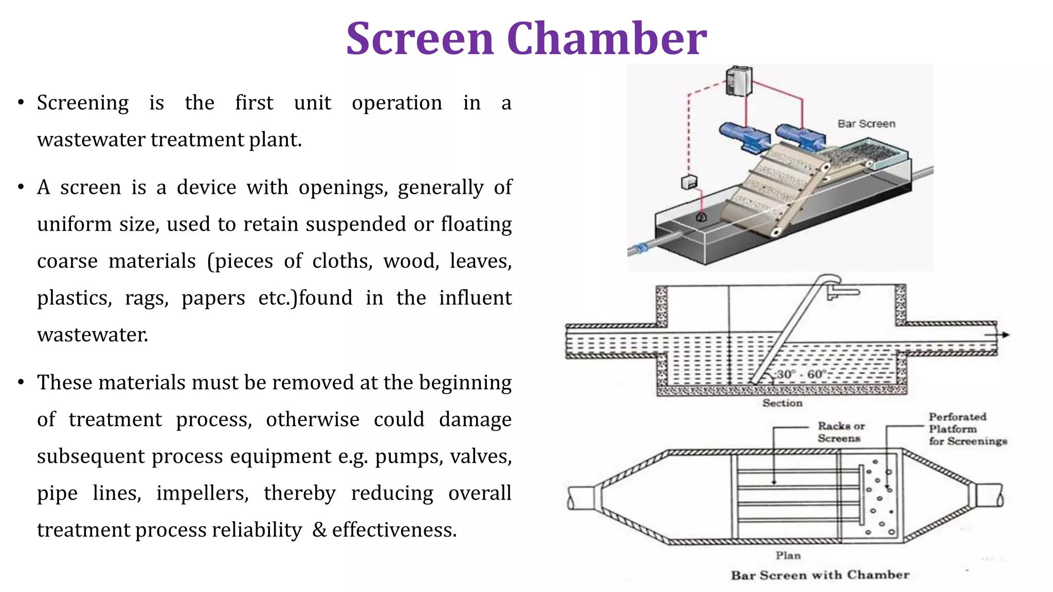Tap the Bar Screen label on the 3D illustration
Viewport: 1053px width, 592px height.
click(x=866, y=124)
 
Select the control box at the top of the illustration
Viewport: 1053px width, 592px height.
click(x=739, y=81)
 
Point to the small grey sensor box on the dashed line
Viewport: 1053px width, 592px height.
click(x=689, y=182)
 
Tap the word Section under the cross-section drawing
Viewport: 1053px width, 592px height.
click(x=782, y=403)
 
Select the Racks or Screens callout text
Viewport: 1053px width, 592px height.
click(x=841, y=432)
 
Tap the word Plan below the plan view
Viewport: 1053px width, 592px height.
click(x=788, y=556)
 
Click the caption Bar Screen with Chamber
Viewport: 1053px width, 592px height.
click(x=820, y=575)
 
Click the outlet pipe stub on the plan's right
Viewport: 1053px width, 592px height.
click(x=988, y=496)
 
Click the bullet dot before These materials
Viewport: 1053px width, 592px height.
click(x=21, y=382)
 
